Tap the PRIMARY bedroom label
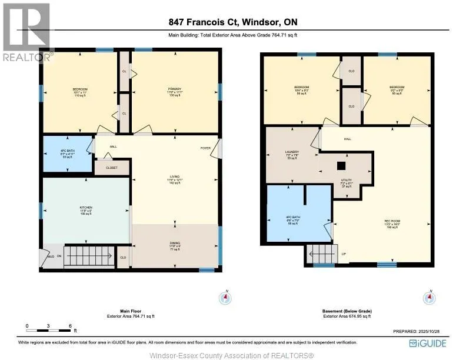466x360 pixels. point(176,88)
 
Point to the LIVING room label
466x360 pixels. point(175,175)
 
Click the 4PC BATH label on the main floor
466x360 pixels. point(67,151)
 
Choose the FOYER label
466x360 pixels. point(205,148)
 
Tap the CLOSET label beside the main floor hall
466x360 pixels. point(112,168)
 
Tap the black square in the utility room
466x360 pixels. point(340,165)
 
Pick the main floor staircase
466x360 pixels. point(88,256)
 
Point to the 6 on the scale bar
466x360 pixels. point(70,325)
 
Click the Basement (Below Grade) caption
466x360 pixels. point(348,311)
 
